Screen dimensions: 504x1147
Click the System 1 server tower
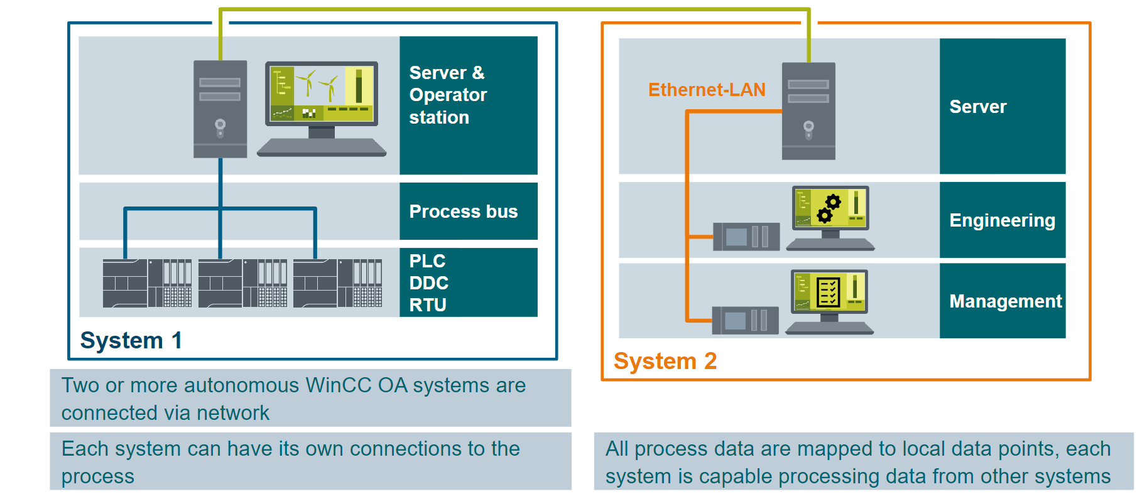click(x=220, y=109)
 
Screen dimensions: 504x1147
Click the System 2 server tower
click(x=808, y=111)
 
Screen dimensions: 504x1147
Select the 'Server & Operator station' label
click(x=448, y=95)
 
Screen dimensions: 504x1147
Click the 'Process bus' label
click(x=464, y=212)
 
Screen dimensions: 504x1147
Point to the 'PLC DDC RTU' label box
click(x=468, y=282)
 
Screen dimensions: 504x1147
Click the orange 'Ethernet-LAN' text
click(x=707, y=90)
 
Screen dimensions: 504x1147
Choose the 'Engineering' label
click(x=1002, y=220)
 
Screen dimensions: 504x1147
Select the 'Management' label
click(x=1005, y=301)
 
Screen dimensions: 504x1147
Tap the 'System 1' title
click(x=131, y=340)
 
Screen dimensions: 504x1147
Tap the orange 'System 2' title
click(x=665, y=361)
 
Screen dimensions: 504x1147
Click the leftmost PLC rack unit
click(x=148, y=283)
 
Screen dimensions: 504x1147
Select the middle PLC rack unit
click(x=242, y=283)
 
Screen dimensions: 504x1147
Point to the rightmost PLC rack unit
click(x=337, y=283)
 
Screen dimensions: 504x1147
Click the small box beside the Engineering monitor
click(x=746, y=237)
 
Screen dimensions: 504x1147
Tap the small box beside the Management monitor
click(x=745, y=320)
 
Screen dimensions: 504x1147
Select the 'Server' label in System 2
click(x=978, y=107)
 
